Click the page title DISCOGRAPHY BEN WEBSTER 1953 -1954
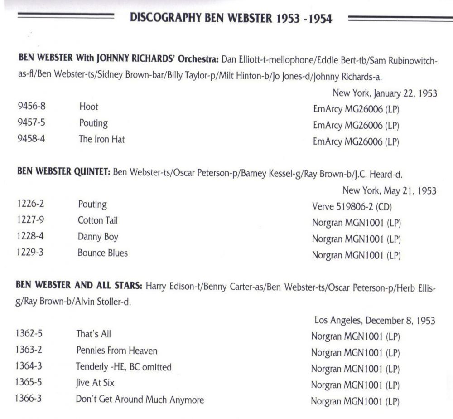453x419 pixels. pyautogui.click(x=231, y=19)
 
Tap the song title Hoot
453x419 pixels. pyautogui.click(x=88, y=107)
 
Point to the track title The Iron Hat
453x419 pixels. pyautogui.click(x=101, y=140)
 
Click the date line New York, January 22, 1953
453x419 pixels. pyautogui.click(x=385, y=93)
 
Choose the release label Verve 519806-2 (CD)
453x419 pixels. pyautogui.click(x=352, y=207)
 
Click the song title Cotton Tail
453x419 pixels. pyautogui.click(x=98, y=220)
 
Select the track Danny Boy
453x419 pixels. pyautogui.click(x=98, y=237)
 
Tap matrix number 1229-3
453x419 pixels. pyautogui.click(x=30, y=253)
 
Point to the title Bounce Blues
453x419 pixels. pyautogui.click(x=102, y=253)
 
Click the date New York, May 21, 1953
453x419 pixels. pyautogui.click(x=389, y=190)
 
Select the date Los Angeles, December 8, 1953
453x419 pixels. pyautogui.click(x=375, y=321)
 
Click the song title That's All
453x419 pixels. pyautogui.click(x=93, y=335)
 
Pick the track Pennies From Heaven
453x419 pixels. pyautogui.click(x=116, y=351)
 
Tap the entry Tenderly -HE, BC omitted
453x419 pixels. pyautogui.click(x=124, y=367)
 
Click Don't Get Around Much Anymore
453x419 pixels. pyautogui.click(x=140, y=400)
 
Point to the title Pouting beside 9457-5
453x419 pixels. pyautogui.click(x=93, y=123)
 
